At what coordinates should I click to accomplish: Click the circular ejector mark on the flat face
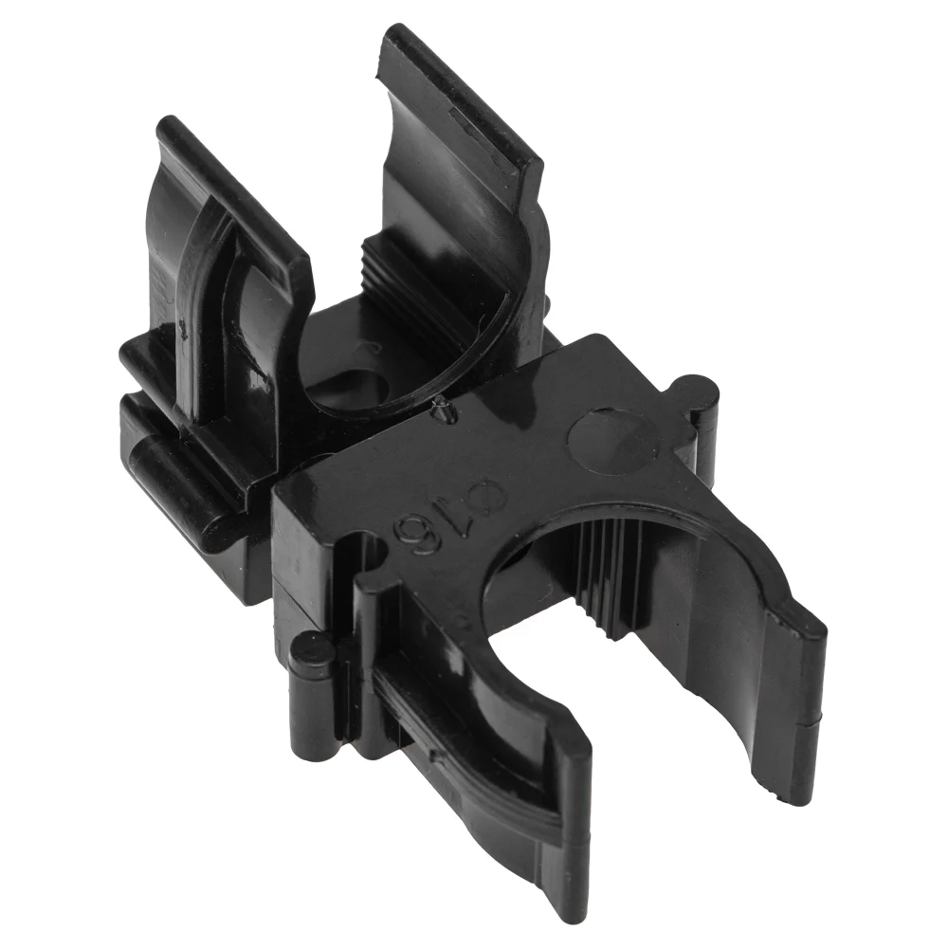(x=613, y=439)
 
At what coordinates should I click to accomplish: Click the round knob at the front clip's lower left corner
(x=310, y=650)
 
